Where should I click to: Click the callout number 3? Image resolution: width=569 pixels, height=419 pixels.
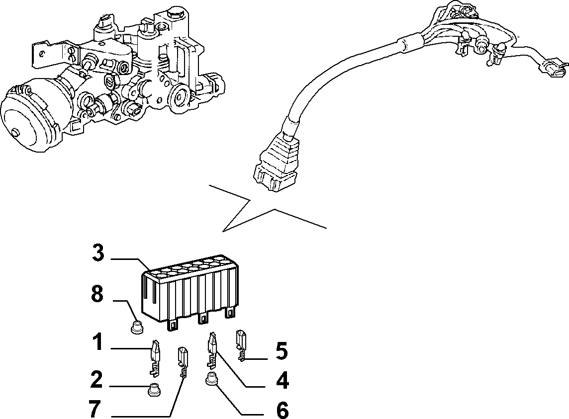click(x=98, y=253)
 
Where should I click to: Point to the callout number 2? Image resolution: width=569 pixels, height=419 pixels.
click(x=97, y=379)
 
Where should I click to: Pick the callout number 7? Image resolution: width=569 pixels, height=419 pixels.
click(x=95, y=409)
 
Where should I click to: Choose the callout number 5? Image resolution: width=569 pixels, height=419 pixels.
click(x=281, y=351)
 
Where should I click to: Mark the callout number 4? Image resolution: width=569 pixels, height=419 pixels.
click(x=282, y=381)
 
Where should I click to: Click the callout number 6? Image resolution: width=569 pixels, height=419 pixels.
click(x=283, y=410)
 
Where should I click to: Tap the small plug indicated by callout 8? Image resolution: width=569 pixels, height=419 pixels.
click(x=136, y=326)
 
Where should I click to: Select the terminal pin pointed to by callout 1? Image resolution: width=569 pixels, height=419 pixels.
click(x=155, y=357)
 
